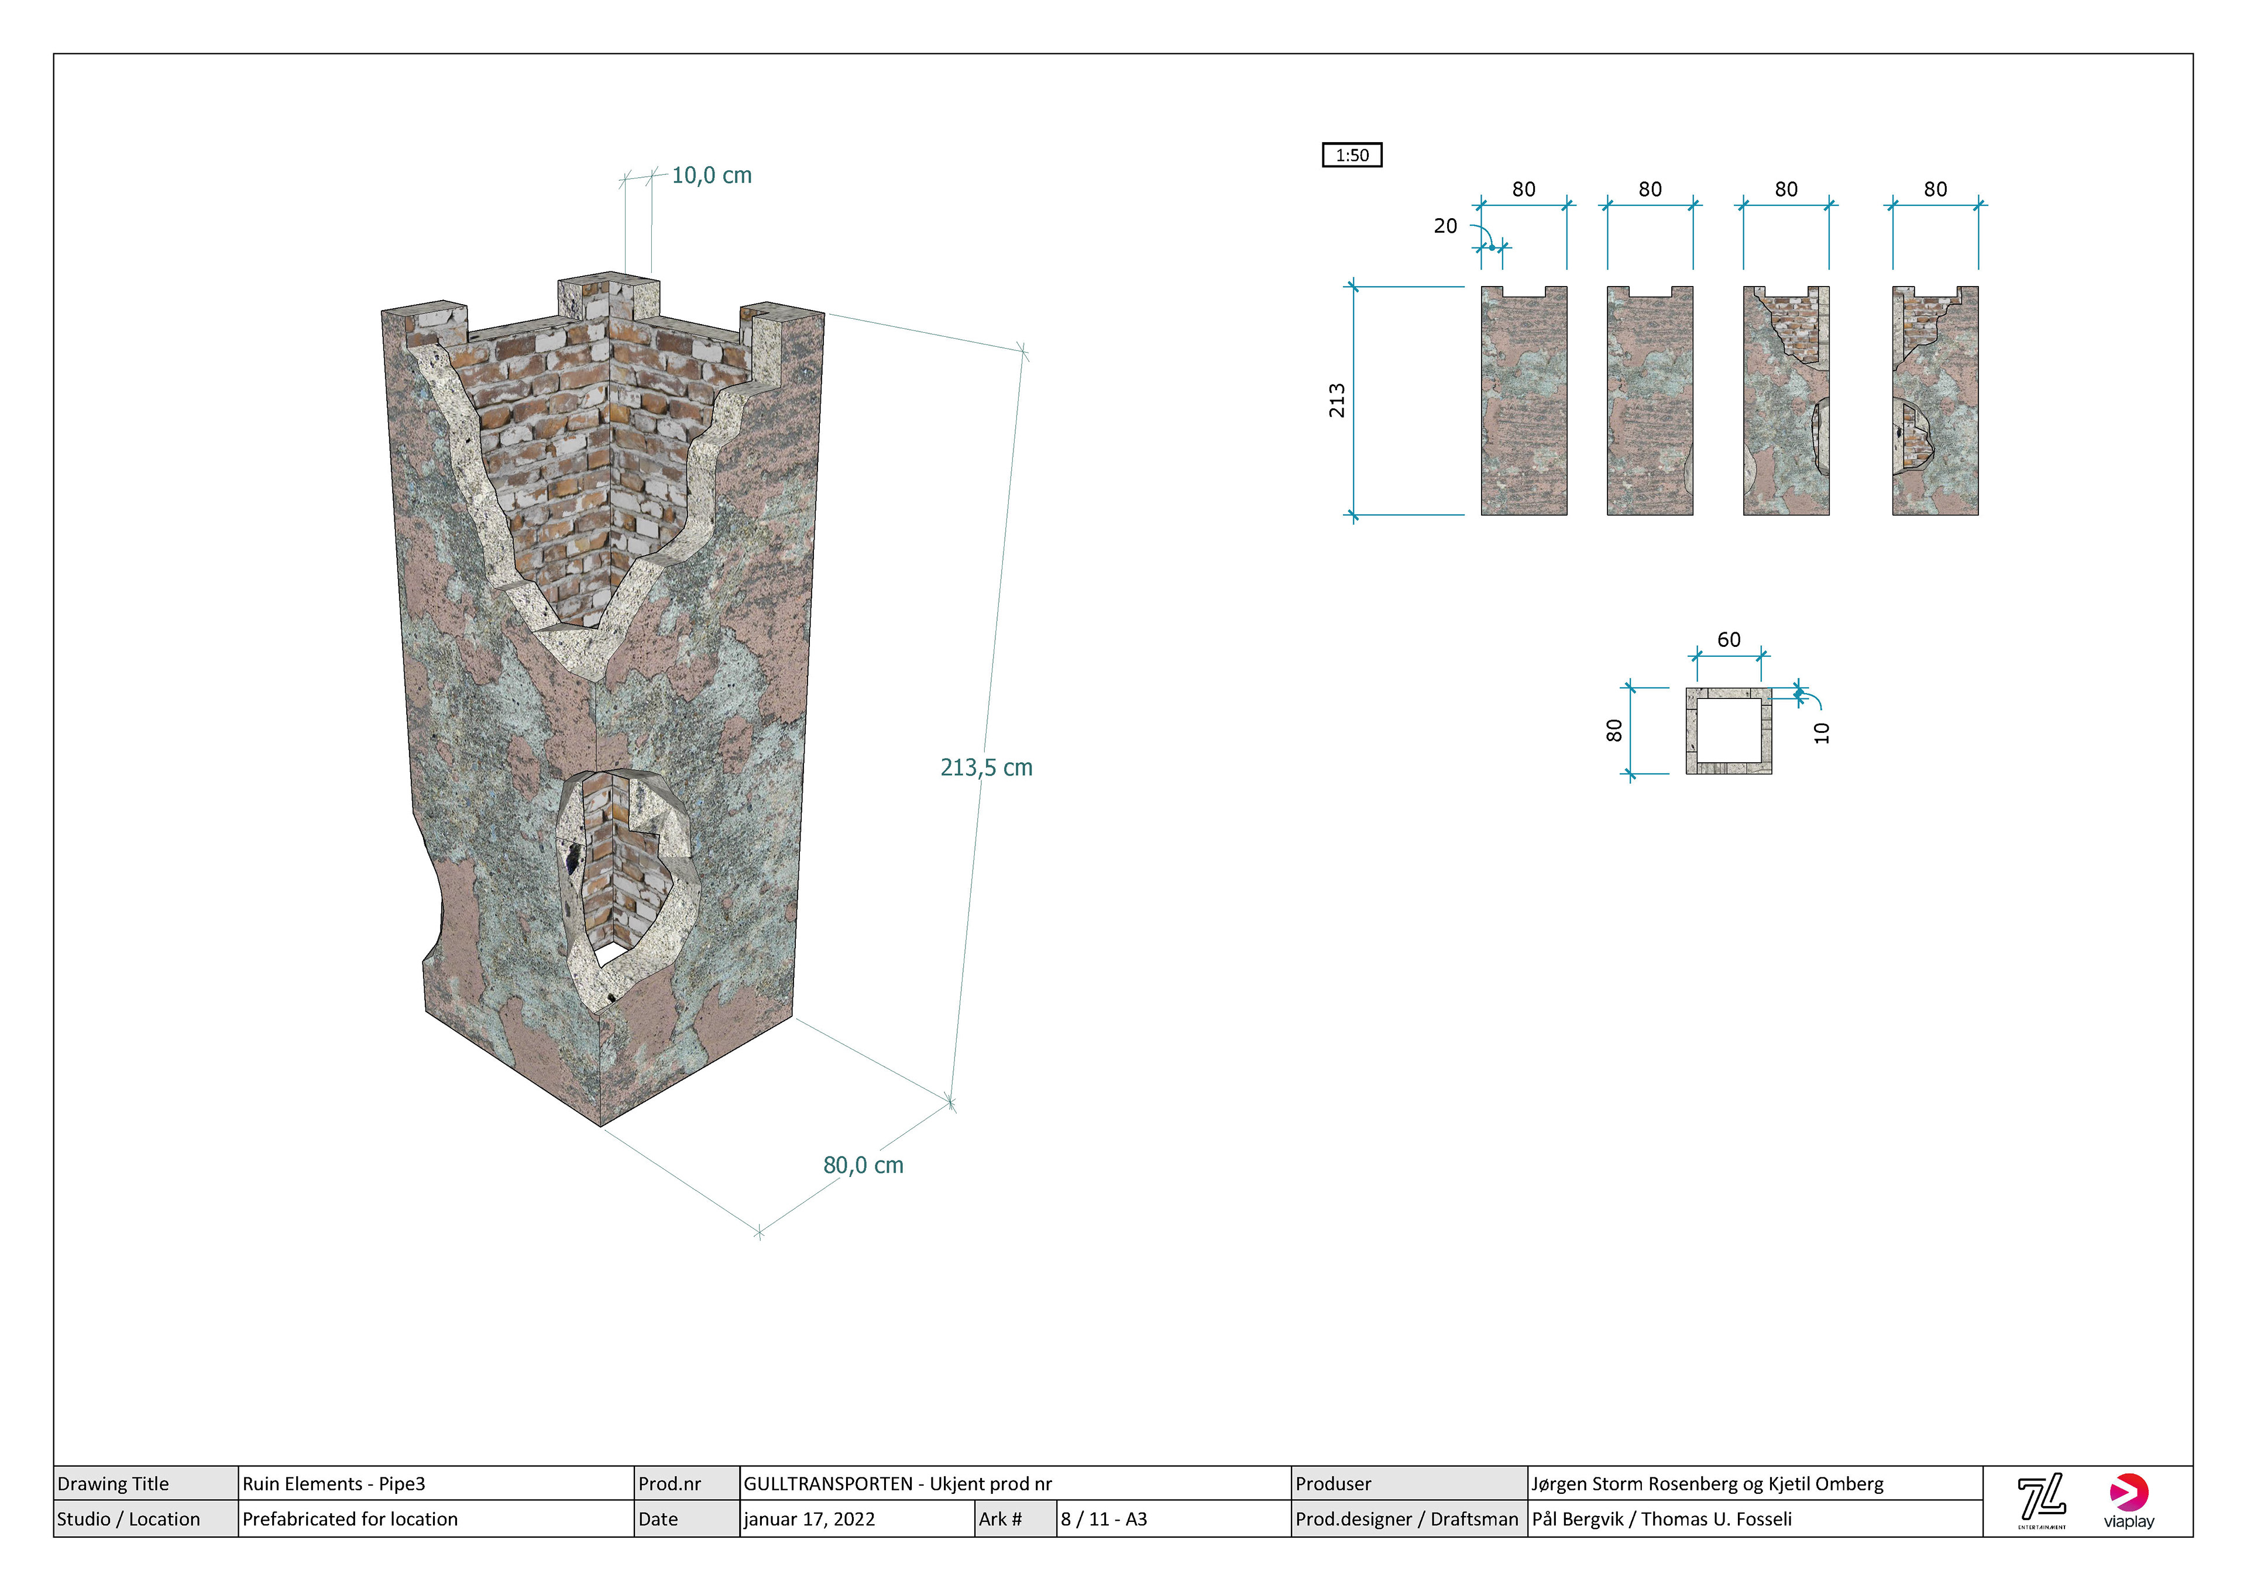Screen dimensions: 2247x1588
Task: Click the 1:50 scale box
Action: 1352,154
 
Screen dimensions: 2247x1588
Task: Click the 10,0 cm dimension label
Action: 712,175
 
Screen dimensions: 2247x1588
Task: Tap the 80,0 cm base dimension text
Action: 863,1165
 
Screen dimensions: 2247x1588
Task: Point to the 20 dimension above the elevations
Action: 1445,226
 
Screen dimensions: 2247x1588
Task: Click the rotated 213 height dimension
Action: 1337,400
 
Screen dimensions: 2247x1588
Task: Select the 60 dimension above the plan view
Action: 1729,640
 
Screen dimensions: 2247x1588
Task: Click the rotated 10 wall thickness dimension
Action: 1821,733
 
